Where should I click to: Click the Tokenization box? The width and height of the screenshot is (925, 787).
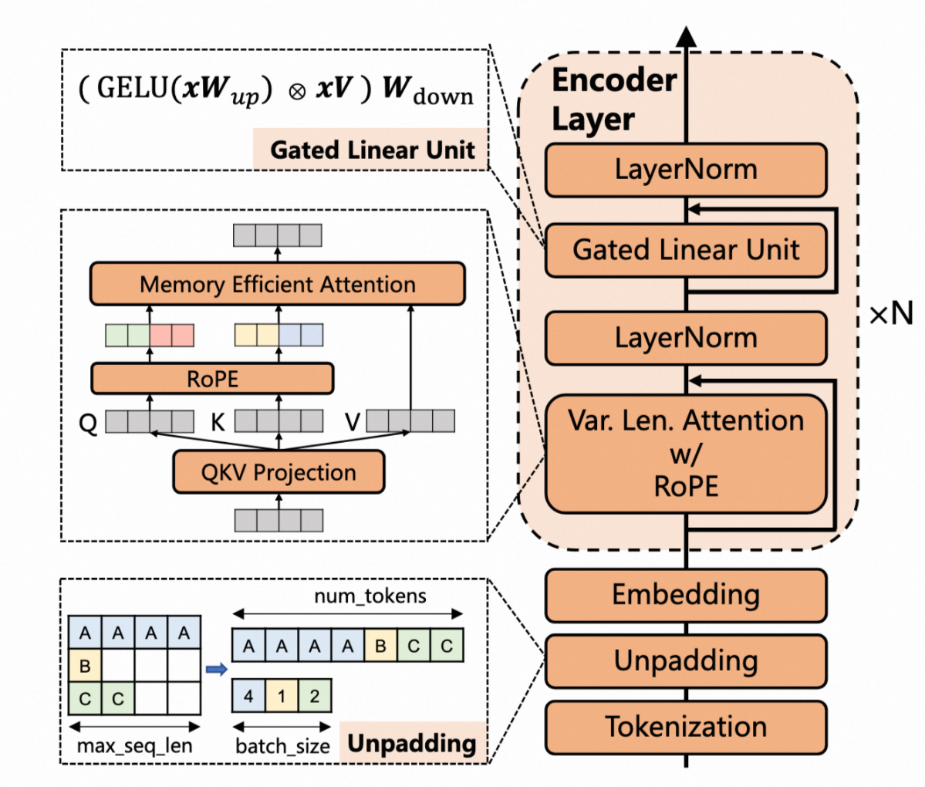tap(686, 727)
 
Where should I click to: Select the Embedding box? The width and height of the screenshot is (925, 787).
tap(686, 595)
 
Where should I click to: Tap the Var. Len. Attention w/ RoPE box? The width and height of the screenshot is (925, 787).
tap(686, 454)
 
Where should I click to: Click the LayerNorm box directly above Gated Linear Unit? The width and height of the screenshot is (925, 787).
tap(686, 170)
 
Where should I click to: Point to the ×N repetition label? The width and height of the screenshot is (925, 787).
tap(891, 314)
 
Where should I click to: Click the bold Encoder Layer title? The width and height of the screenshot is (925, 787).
tap(614, 100)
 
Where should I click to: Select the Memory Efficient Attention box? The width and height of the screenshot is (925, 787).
tap(278, 285)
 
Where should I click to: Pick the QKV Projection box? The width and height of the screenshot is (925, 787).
tap(278, 472)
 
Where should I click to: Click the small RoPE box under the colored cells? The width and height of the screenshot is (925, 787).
tap(212, 379)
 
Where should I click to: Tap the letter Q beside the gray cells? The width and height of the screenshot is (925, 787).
tap(89, 423)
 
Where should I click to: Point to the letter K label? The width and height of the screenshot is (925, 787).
tap(218, 423)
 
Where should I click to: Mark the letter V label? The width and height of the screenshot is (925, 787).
tap(352, 423)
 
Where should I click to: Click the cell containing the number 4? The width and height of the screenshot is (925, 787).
tap(248, 696)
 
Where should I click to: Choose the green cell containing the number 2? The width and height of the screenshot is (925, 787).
tap(315, 696)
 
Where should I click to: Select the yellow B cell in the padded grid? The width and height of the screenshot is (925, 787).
tap(85, 665)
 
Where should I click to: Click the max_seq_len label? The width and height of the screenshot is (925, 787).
tap(134, 746)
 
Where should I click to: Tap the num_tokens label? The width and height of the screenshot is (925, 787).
tap(370, 596)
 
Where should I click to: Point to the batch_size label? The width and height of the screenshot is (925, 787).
tap(282, 746)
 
